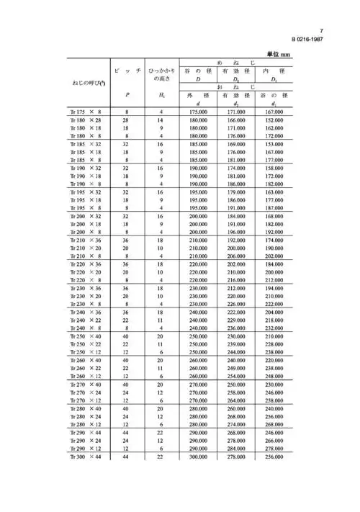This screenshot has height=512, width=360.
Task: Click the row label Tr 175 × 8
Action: tap(86, 113)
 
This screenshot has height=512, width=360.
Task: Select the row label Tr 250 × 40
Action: tap(86, 336)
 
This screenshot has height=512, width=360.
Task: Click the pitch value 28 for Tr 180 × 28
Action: tap(127, 120)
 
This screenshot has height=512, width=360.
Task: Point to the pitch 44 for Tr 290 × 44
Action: tap(127, 433)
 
